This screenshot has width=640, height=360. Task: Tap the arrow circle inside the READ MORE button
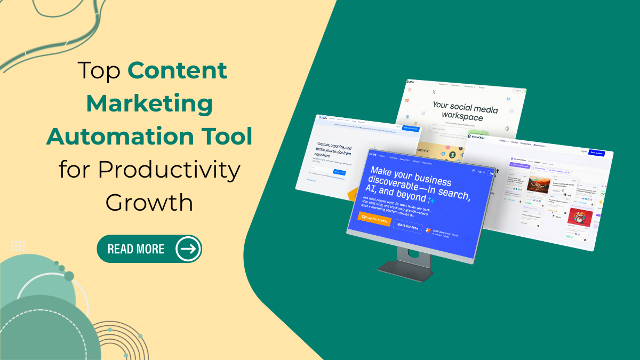[188, 249]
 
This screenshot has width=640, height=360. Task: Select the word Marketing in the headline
[149, 103]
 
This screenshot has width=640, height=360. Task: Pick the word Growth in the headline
[149, 202]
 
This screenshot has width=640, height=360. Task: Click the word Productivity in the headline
[149, 170]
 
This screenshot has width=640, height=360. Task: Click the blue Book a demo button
[596, 153]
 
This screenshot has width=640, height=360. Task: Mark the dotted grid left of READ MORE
[18, 246]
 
